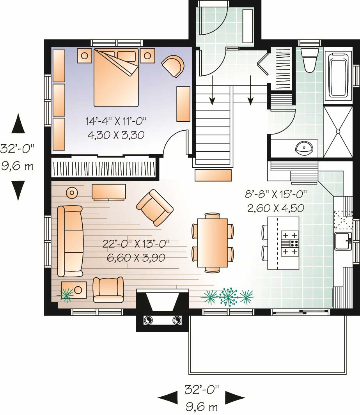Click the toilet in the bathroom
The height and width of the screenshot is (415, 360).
pos(309,60)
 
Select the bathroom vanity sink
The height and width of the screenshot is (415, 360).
pos(304,147)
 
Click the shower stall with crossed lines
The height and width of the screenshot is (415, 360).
pos(338,131)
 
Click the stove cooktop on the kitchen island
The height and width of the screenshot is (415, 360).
pos(290,244)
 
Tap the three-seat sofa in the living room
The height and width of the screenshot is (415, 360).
pos(70,241)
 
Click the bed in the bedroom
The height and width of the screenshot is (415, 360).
pos(116,77)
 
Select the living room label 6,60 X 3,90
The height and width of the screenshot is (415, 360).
pos(136,257)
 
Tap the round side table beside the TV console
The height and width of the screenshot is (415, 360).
pos(72,192)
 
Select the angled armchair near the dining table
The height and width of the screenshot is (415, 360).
pos(155,207)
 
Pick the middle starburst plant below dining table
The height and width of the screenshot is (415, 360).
pos(228,297)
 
